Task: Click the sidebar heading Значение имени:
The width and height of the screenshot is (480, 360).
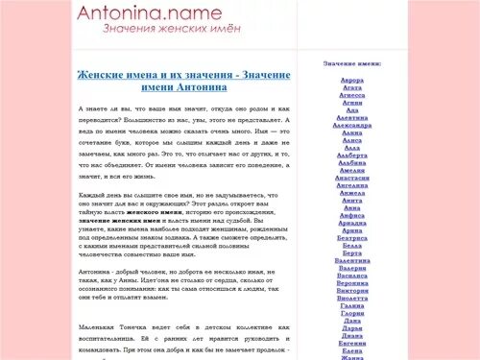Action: pyautogui.click(x=352, y=63)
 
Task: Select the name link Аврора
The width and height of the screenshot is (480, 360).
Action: pyautogui.click(x=352, y=80)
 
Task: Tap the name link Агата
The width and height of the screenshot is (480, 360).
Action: pyautogui.click(x=352, y=87)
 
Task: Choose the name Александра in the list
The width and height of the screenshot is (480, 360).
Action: pyautogui.click(x=352, y=124)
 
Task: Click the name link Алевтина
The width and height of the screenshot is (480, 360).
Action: pyautogui.click(x=352, y=116)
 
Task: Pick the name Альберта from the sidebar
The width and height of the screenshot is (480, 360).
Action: pyautogui.click(x=352, y=154)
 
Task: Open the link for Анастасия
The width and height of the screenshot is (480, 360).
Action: pyautogui.click(x=352, y=178)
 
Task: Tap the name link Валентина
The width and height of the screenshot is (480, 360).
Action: pyautogui.click(x=352, y=260)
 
